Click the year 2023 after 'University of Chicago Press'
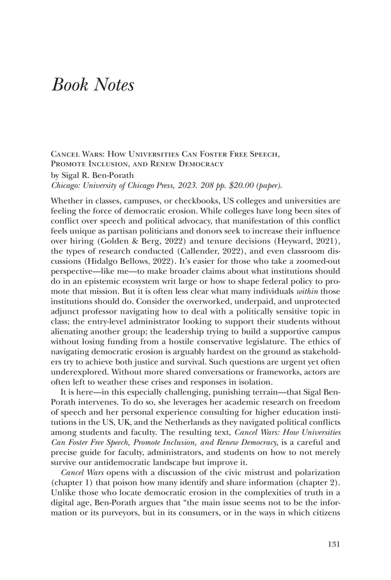[x=170, y=185]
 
